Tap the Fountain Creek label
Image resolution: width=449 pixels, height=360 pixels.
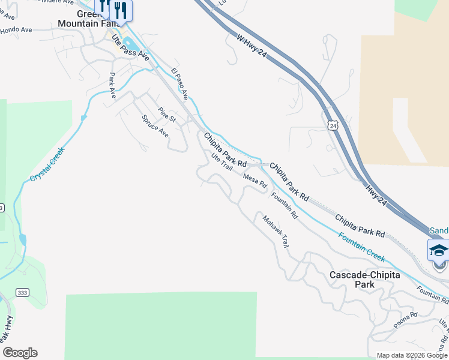point(361,247)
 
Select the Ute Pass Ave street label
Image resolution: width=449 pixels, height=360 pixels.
point(130,47)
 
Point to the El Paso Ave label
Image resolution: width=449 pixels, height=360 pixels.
point(179,83)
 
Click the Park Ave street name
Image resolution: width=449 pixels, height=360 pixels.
point(112,85)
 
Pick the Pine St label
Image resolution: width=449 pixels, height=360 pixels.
point(166,115)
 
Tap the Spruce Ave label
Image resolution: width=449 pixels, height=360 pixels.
point(155,126)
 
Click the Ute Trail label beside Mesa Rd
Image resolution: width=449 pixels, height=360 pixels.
point(221,162)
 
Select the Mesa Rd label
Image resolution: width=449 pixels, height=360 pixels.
point(255,181)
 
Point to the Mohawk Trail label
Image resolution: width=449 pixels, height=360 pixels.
point(276,231)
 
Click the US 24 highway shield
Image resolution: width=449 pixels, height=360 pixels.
point(333,125)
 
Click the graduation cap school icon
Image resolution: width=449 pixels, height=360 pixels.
point(438,250)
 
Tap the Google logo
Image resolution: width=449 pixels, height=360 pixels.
point(20,353)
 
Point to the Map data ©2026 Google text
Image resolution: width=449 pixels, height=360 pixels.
point(412,355)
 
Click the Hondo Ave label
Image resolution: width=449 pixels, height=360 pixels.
point(16,29)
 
